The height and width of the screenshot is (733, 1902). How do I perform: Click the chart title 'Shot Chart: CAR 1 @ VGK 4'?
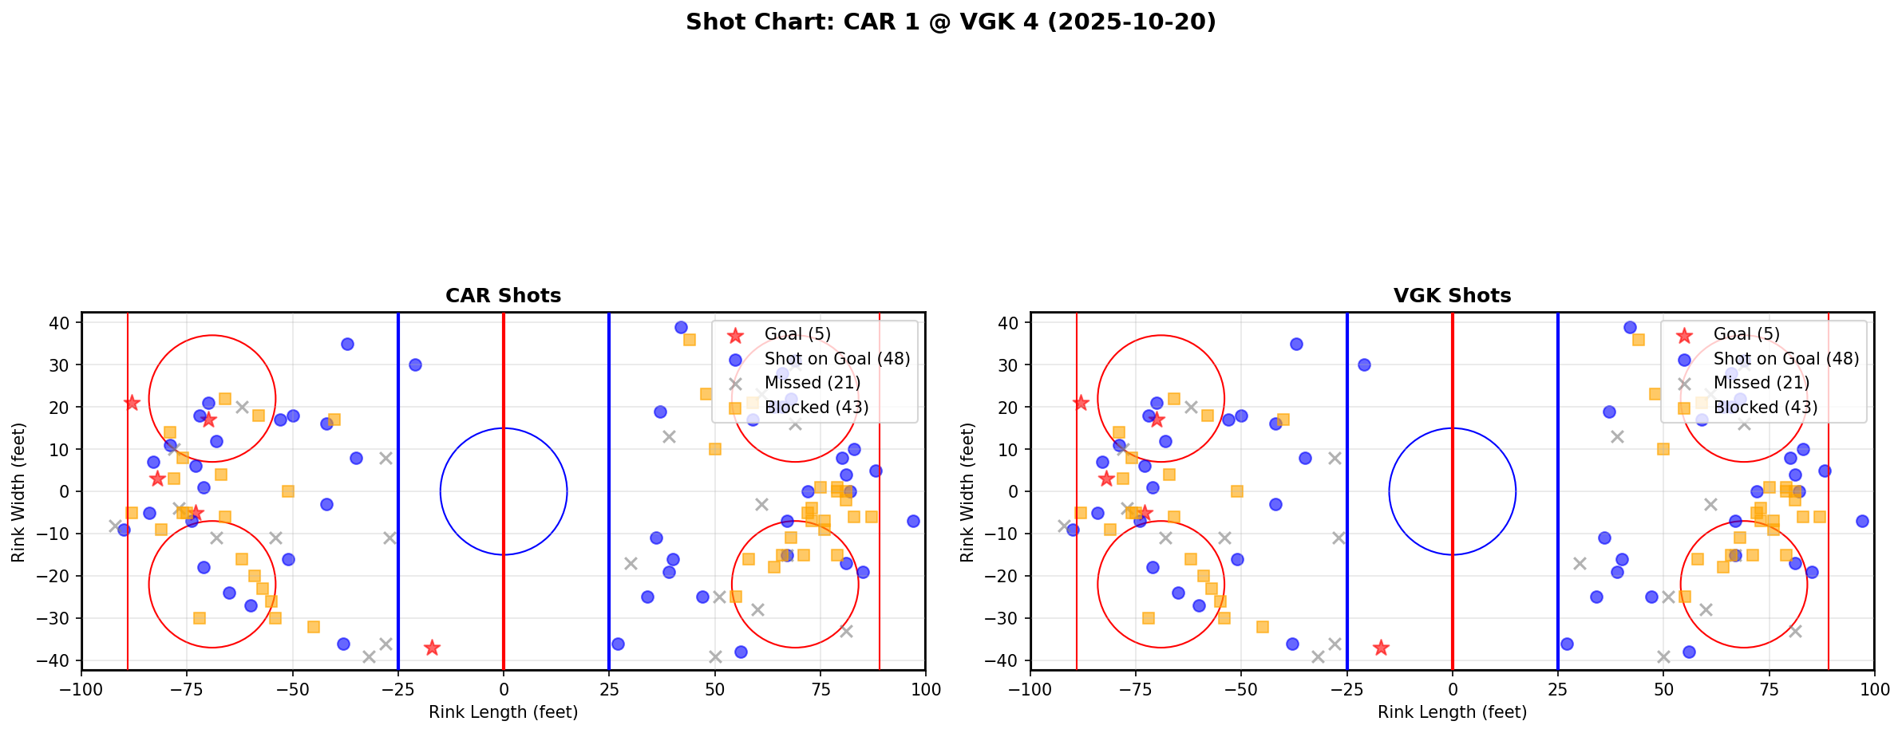click(x=951, y=22)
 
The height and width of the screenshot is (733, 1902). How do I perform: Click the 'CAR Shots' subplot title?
click(x=503, y=296)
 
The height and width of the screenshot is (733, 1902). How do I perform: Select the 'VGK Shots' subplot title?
click(x=1452, y=296)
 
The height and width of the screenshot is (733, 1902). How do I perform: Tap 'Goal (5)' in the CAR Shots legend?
click(x=797, y=334)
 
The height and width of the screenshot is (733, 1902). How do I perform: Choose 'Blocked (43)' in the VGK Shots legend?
click(x=1765, y=408)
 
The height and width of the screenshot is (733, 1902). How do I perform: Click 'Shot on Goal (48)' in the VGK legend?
click(x=1785, y=359)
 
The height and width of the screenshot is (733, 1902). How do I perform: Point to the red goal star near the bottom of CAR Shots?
click(x=432, y=648)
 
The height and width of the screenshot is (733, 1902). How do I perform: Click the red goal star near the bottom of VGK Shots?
click(x=1381, y=648)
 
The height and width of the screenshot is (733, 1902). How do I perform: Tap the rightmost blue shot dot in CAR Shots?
click(x=913, y=521)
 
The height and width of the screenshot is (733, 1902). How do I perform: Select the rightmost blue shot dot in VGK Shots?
click(x=1862, y=521)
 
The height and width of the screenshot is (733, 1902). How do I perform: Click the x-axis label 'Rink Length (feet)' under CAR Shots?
click(x=503, y=712)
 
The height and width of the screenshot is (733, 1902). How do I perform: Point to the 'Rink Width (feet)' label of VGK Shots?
click(x=967, y=492)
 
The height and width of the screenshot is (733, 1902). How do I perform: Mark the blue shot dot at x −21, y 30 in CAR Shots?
click(x=415, y=365)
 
